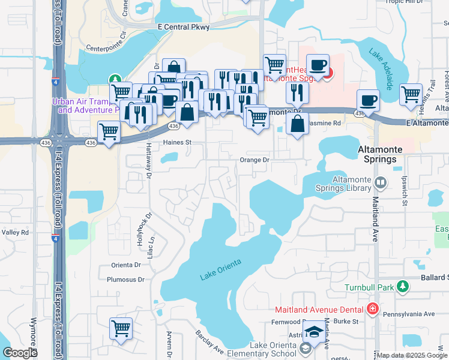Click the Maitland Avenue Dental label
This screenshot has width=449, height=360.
point(319,310)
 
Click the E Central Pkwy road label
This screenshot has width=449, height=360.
point(183,27)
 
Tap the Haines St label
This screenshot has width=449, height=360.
point(176,143)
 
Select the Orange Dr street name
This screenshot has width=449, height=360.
point(255,160)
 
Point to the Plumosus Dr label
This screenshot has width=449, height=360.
point(125,280)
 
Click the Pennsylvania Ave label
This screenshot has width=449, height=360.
point(413,314)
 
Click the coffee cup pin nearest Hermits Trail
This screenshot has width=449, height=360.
point(368,100)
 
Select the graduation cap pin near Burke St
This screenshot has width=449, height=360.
point(313,332)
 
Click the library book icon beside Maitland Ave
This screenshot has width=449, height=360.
point(379,182)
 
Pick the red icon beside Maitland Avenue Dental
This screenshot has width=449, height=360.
point(372,309)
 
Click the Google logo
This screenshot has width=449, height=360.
point(20,353)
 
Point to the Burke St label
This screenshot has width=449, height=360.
point(346,322)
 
